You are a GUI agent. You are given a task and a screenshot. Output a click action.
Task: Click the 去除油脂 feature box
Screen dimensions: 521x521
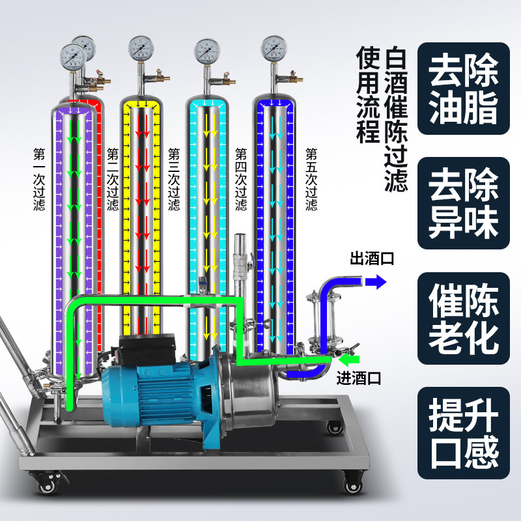463,89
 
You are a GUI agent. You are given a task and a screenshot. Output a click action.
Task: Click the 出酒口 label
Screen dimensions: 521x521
372,259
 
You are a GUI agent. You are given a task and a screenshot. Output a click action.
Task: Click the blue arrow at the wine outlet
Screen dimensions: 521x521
374,281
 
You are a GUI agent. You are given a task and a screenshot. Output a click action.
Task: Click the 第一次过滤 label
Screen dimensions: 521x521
39,180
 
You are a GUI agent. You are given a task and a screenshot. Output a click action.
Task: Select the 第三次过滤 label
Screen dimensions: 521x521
174,180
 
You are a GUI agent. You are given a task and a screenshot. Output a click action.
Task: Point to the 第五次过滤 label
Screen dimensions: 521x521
311,180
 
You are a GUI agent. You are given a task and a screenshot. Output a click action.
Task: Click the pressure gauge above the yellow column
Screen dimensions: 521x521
141,48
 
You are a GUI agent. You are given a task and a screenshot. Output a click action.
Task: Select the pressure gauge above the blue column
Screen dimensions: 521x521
274,48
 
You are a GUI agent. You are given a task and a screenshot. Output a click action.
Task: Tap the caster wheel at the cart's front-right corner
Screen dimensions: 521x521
354,485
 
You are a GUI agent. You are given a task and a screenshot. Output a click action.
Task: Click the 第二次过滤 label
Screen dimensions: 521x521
113,180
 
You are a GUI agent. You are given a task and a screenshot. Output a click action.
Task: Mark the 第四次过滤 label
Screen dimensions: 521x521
241,180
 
